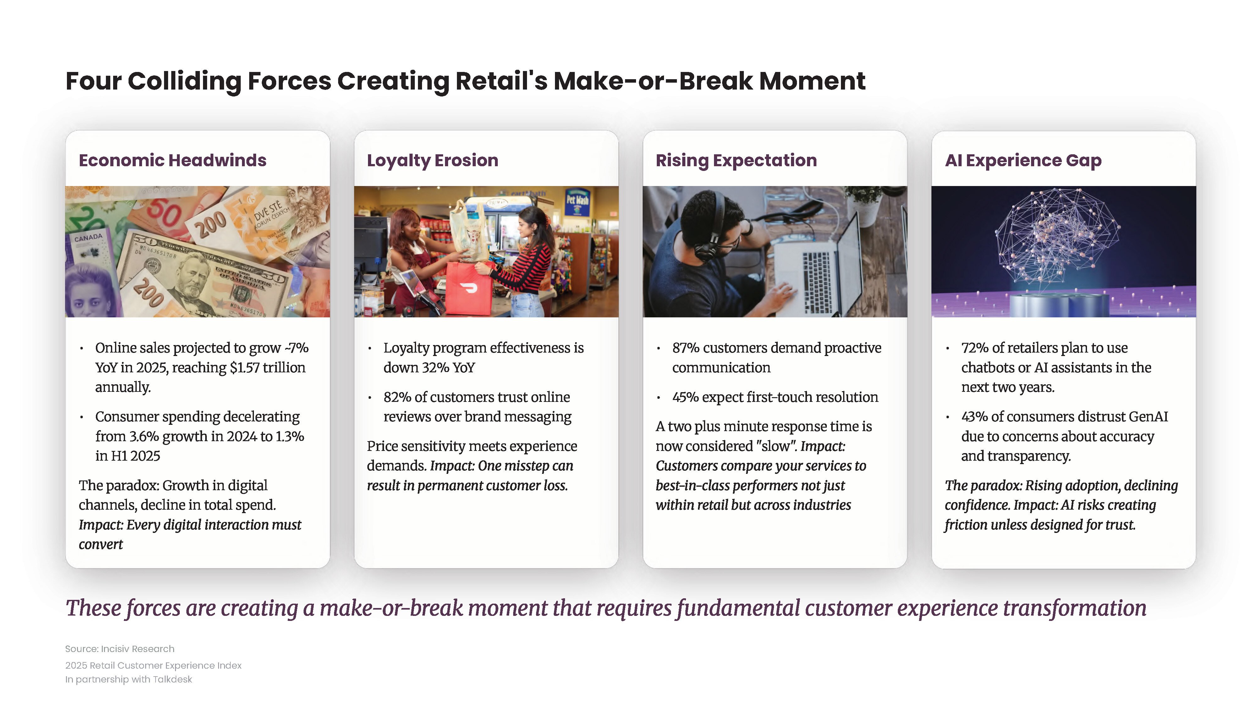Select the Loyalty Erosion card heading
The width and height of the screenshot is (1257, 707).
432,161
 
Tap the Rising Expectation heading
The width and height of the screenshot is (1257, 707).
736,161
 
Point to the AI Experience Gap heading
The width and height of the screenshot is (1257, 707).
1023,161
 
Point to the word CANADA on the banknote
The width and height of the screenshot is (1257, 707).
88,238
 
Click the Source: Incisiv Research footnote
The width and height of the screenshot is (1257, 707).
119,649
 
